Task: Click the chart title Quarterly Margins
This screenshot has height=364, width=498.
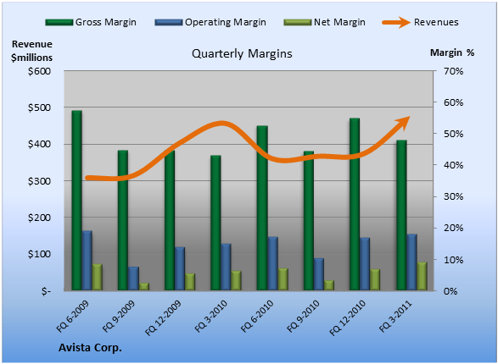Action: click(242, 53)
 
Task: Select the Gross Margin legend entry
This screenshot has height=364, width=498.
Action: click(91, 22)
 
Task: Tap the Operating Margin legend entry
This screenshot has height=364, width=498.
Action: click(210, 22)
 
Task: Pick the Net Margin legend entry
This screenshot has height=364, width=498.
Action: click(324, 22)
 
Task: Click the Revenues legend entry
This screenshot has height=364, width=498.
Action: click(420, 22)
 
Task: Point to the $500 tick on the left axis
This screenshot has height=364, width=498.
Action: click(39, 108)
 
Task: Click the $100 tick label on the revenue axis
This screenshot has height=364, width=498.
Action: click(39, 254)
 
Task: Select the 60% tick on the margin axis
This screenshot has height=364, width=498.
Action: click(454, 102)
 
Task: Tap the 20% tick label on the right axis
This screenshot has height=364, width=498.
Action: click(454, 228)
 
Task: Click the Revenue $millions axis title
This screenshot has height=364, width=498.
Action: click(31, 51)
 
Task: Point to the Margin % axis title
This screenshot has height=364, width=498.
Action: click(452, 52)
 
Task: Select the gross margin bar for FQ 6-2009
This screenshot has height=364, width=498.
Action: click(77, 201)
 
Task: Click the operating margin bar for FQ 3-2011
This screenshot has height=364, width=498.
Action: click(412, 262)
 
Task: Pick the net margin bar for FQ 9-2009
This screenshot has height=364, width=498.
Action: click(144, 286)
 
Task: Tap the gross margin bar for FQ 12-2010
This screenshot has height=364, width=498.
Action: click(355, 204)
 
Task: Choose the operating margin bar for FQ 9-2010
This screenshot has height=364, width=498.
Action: click(319, 274)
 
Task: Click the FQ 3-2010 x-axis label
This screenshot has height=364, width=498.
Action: click(211, 316)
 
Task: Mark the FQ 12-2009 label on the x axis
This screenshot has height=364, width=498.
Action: click(163, 317)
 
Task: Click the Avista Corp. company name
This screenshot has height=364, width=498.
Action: click(90, 348)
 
